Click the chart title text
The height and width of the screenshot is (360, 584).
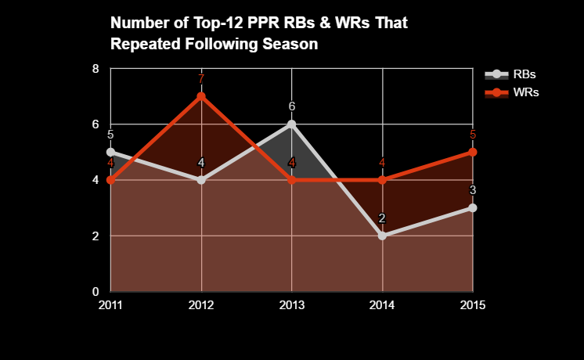(259, 34)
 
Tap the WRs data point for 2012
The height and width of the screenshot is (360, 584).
(201, 96)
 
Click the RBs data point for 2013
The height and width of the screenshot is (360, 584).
(292, 124)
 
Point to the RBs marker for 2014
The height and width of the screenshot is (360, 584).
(383, 236)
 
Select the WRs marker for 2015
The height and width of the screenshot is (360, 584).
(473, 152)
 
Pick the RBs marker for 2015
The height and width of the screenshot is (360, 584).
(473, 207)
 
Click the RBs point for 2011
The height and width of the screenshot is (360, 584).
(110, 152)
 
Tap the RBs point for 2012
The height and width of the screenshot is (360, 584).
(201, 180)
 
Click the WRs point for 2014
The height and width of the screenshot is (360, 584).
(383, 180)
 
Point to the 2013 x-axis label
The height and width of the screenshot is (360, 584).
(292, 304)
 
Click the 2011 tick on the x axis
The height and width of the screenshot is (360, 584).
(110, 304)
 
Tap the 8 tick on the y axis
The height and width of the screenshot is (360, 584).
(96, 68)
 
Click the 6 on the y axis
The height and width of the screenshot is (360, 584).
(96, 124)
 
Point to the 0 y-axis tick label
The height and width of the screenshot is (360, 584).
(96, 291)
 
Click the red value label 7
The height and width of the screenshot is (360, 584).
(201, 79)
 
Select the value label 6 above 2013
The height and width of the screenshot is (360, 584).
(292, 106)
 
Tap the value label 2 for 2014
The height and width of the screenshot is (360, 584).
(383, 218)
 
